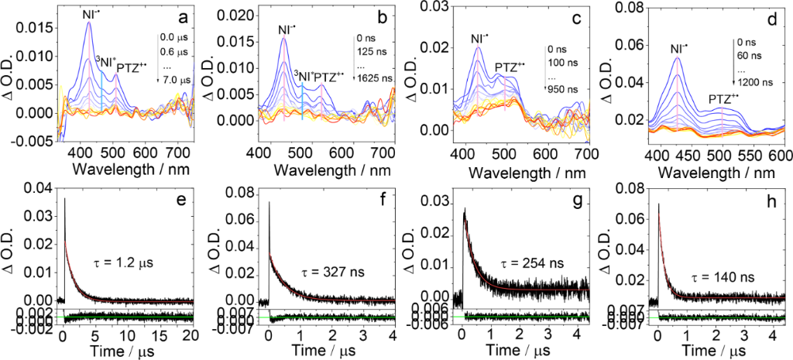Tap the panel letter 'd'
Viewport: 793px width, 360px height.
764,15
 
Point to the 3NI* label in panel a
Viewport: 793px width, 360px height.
105,60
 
